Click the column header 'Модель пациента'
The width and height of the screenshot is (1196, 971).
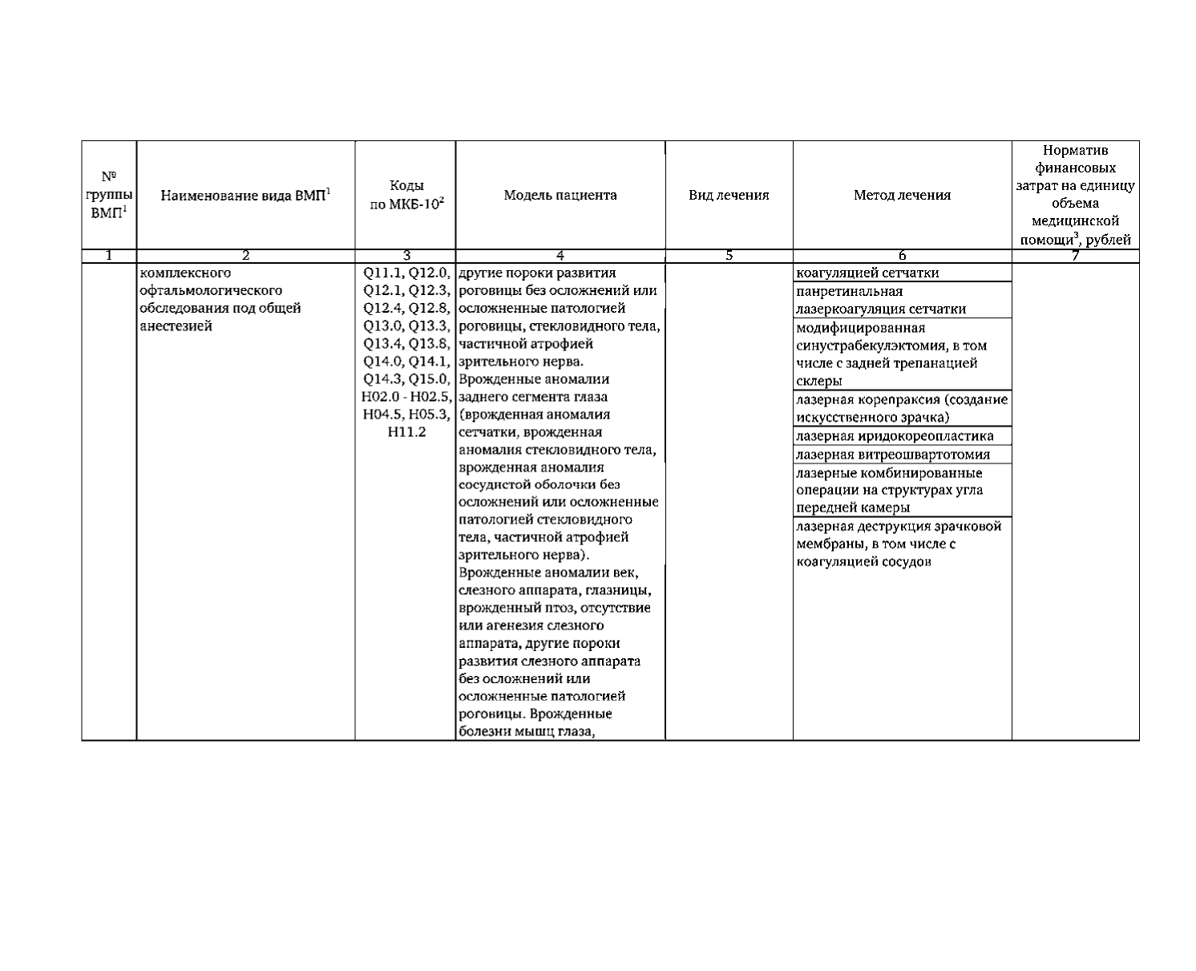coord(560,195)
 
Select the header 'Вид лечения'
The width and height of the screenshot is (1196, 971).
coord(729,195)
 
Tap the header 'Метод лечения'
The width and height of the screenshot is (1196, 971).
coord(902,195)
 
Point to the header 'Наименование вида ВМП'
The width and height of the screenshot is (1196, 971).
coord(245,195)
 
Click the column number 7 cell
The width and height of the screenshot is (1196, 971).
coord(1075,256)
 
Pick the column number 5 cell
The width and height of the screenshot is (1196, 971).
coord(729,256)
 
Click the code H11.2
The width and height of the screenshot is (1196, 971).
coord(406,432)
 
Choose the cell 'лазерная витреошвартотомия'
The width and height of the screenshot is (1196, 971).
coord(892,455)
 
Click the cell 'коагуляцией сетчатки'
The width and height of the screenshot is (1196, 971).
coord(867,273)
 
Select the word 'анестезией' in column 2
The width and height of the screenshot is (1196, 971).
coord(176,326)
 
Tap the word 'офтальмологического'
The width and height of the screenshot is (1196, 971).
coord(211,290)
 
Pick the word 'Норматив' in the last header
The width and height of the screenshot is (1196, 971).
coord(1075,150)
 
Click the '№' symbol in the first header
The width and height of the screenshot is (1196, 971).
coord(108,176)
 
